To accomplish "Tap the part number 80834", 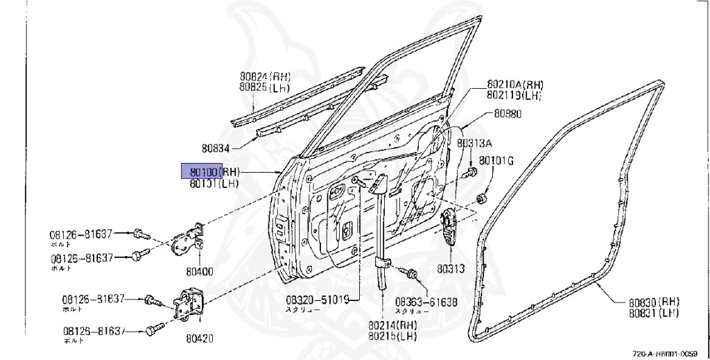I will coord(216,147).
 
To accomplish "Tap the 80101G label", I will coord(496,161).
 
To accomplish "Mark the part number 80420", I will coord(199,339).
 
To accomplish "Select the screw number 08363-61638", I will coord(426,302).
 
